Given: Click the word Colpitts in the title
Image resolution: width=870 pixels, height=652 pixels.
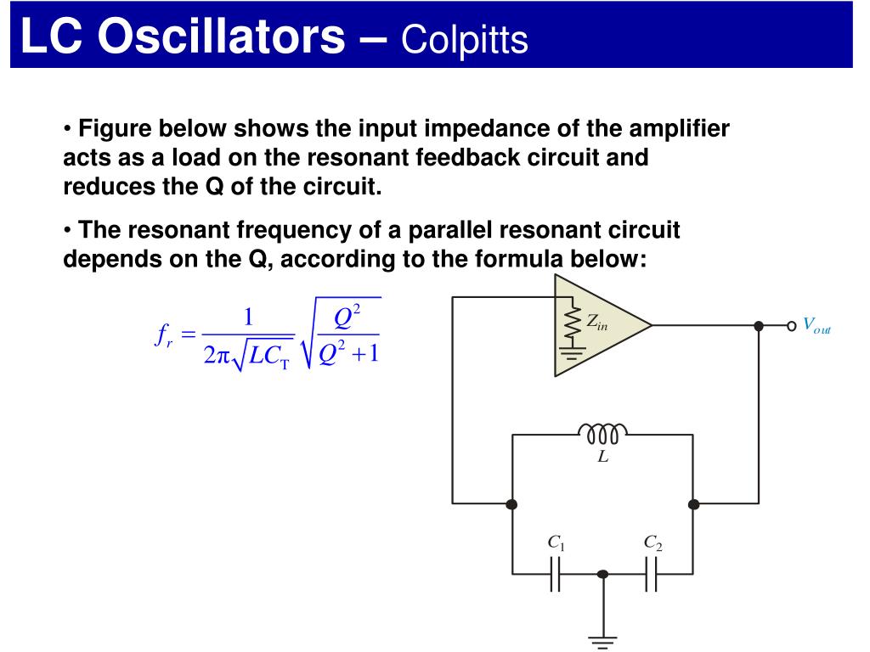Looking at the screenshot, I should click(x=465, y=38).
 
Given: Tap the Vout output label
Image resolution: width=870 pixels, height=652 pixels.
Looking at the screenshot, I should click(x=816, y=325).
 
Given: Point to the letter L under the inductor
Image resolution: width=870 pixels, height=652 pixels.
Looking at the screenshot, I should click(x=602, y=457).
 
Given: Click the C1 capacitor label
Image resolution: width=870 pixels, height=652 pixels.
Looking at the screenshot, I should click(x=556, y=542).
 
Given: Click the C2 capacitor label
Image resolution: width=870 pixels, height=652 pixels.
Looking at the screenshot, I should click(x=652, y=542).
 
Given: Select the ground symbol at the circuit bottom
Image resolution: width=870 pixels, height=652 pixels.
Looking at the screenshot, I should click(x=603, y=641).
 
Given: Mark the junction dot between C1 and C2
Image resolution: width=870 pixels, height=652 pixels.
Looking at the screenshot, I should click(x=603, y=575).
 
